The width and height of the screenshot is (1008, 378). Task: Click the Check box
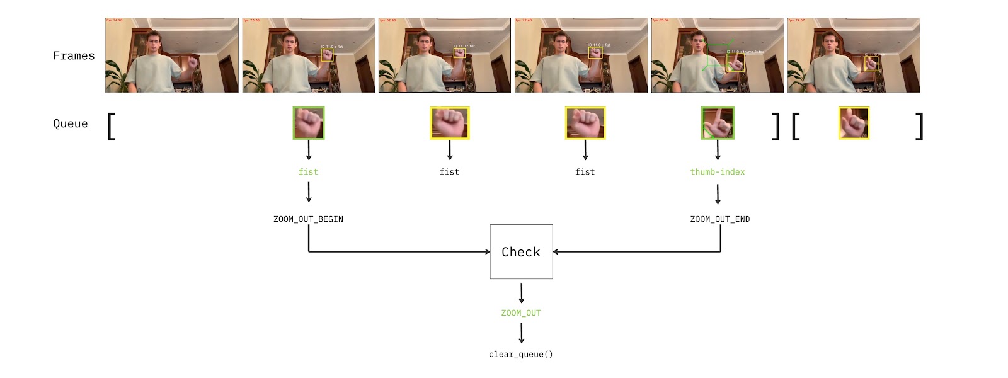pos(521,252)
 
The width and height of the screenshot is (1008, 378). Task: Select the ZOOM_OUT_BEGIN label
pos(308,219)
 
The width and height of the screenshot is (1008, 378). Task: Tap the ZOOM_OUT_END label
pos(719,219)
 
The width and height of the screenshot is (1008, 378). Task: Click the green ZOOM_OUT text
pos(521,313)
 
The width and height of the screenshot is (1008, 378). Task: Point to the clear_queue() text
pos(521,354)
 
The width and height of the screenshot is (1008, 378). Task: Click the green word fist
pos(308,172)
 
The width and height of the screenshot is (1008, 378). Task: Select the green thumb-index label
pos(717,172)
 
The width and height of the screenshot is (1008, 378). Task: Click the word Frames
pos(74,56)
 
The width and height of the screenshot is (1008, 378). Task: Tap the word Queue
pos(71,123)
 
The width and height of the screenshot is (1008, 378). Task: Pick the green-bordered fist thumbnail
pos(309,123)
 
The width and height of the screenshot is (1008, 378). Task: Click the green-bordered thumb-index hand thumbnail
pos(718,123)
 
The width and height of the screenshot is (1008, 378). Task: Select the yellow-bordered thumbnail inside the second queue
pos(854,123)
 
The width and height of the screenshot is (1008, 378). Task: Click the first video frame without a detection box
pos(172,55)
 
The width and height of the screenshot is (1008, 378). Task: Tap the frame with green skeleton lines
pos(717,55)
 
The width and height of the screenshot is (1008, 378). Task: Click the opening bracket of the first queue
pos(112,126)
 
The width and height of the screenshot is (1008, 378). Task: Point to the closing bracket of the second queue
pos(919,126)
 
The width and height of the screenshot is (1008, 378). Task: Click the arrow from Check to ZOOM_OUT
pos(521,293)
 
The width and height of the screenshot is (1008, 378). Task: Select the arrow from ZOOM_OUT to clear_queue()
pos(521,333)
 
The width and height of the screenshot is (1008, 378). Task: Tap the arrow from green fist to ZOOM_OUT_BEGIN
pos(309,192)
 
